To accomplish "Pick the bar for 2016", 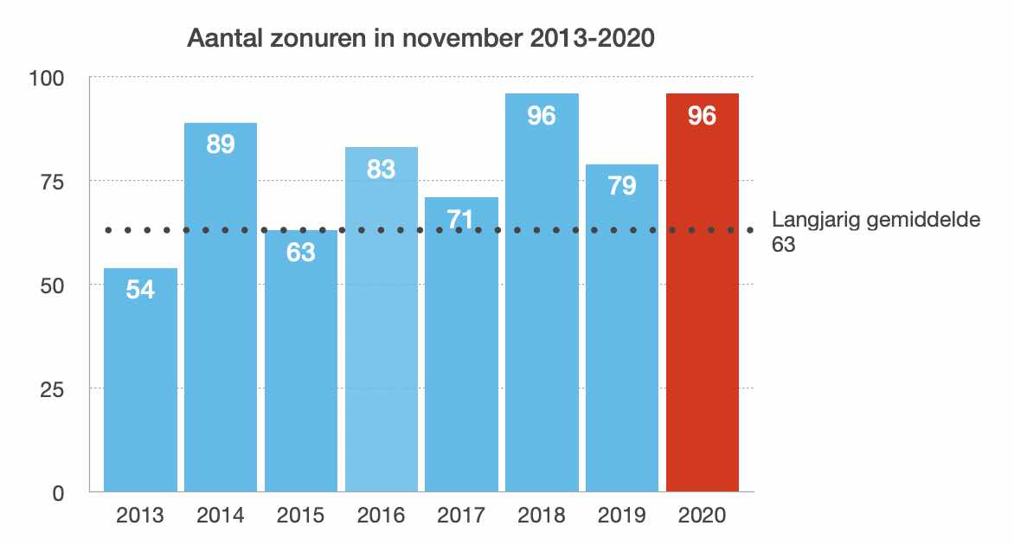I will pos(381,346).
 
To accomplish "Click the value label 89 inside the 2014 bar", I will pos(221,144).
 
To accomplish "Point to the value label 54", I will pos(140,290).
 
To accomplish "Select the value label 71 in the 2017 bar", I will pos(461,219).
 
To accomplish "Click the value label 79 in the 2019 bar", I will pos(622,185).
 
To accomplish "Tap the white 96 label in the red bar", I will pos(702,115).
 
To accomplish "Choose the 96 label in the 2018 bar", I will pos(542,115).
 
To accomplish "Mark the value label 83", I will pos(381,169).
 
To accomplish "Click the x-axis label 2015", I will pos(301,516).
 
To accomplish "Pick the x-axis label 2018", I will pos(542,516).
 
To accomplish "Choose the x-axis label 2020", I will pos(702,516).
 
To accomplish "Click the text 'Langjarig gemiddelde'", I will pos(876,220).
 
